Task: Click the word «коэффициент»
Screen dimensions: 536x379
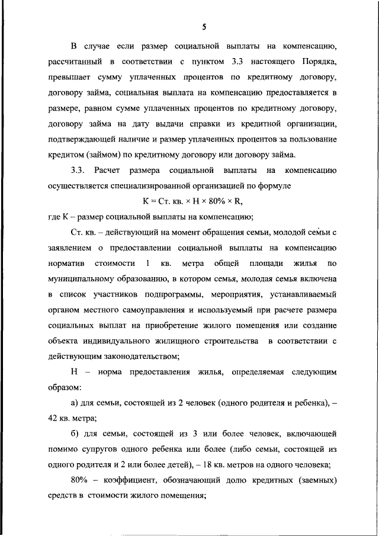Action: [127, 479]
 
